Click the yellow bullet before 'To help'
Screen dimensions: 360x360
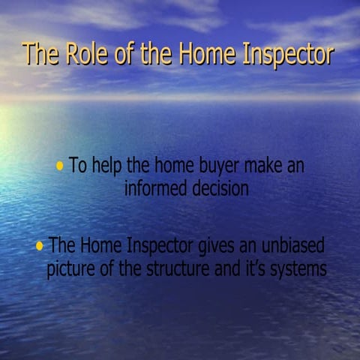(x=59, y=166)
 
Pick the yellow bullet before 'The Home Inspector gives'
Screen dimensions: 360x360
(x=39, y=246)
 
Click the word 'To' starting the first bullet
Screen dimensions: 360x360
(x=78, y=165)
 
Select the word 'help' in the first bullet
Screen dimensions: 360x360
(x=109, y=165)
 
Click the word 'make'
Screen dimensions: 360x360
(x=256, y=165)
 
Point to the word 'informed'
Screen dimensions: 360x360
(x=154, y=188)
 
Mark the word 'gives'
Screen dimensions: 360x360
(x=217, y=246)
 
